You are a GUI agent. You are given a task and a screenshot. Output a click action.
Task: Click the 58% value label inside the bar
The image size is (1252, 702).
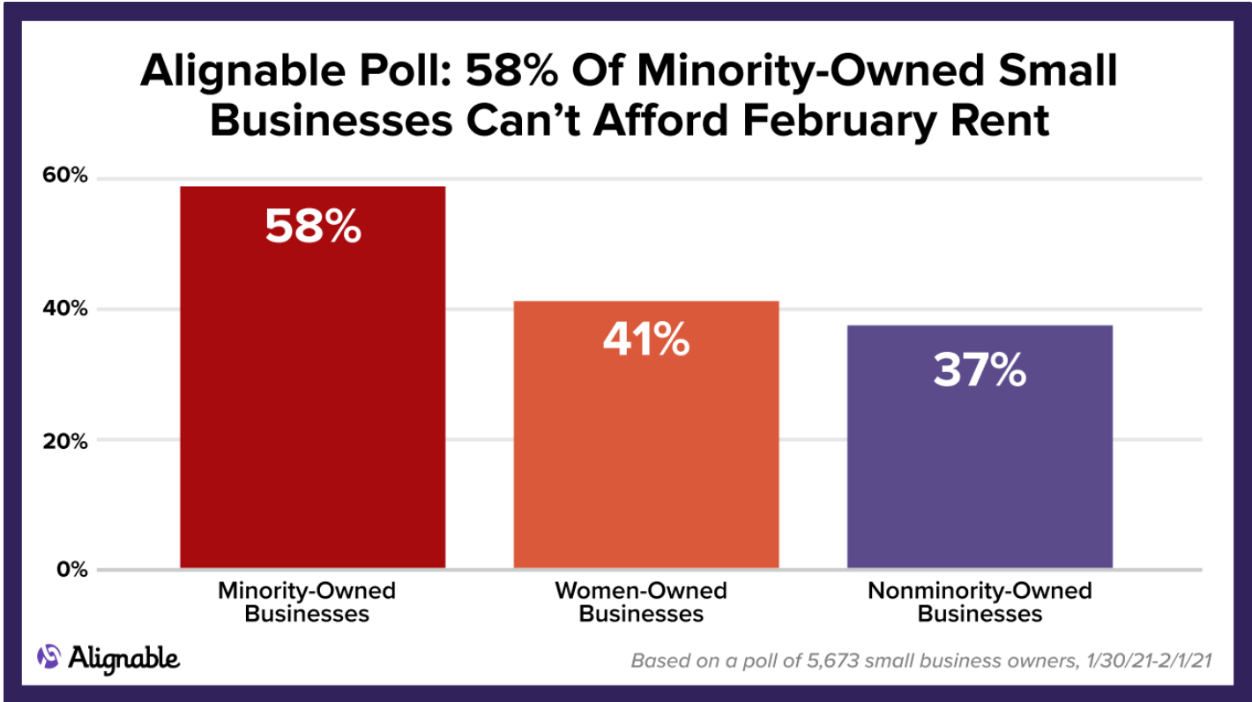tap(313, 228)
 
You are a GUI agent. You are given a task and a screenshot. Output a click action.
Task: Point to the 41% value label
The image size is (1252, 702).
tap(645, 340)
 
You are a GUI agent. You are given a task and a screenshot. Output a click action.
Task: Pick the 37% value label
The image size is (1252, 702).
tap(980, 371)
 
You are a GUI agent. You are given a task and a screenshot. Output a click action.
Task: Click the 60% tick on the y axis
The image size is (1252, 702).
tap(65, 176)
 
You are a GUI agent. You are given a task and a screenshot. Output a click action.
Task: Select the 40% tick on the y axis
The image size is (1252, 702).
tap(65, 310)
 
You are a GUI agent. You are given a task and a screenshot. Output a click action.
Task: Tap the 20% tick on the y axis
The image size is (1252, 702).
tap(65, 441)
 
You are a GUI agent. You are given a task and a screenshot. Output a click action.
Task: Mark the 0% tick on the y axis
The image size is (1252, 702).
tap(71, 571)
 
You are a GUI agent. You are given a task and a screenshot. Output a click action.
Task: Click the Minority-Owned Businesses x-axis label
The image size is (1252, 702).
tap(307, 601)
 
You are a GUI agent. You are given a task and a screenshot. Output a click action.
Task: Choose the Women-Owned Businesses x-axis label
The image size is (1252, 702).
tap(641, 601)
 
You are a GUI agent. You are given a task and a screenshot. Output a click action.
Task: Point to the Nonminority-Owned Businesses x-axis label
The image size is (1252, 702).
tap(980, 601)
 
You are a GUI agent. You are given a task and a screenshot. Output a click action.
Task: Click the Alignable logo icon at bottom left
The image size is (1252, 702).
tap(49, 655)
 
